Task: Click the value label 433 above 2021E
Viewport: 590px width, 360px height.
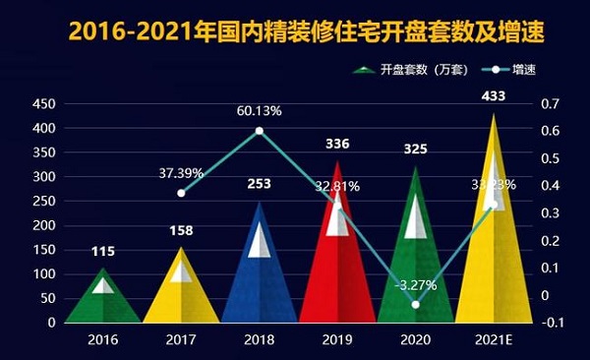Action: (495, 96)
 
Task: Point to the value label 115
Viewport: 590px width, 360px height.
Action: (102, 252)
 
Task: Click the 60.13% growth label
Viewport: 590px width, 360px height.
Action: (260, 110)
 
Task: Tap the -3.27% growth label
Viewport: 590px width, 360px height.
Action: (414, 285)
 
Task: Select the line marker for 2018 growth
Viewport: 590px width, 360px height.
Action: (260, 131)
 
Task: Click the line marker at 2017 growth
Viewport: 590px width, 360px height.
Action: (181, 193)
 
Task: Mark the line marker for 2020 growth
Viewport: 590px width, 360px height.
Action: (416, 305)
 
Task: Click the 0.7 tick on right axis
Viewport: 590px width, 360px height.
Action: (549, 103)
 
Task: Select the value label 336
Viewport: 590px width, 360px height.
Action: (337, 145)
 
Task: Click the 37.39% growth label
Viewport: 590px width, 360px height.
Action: (181, 173)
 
